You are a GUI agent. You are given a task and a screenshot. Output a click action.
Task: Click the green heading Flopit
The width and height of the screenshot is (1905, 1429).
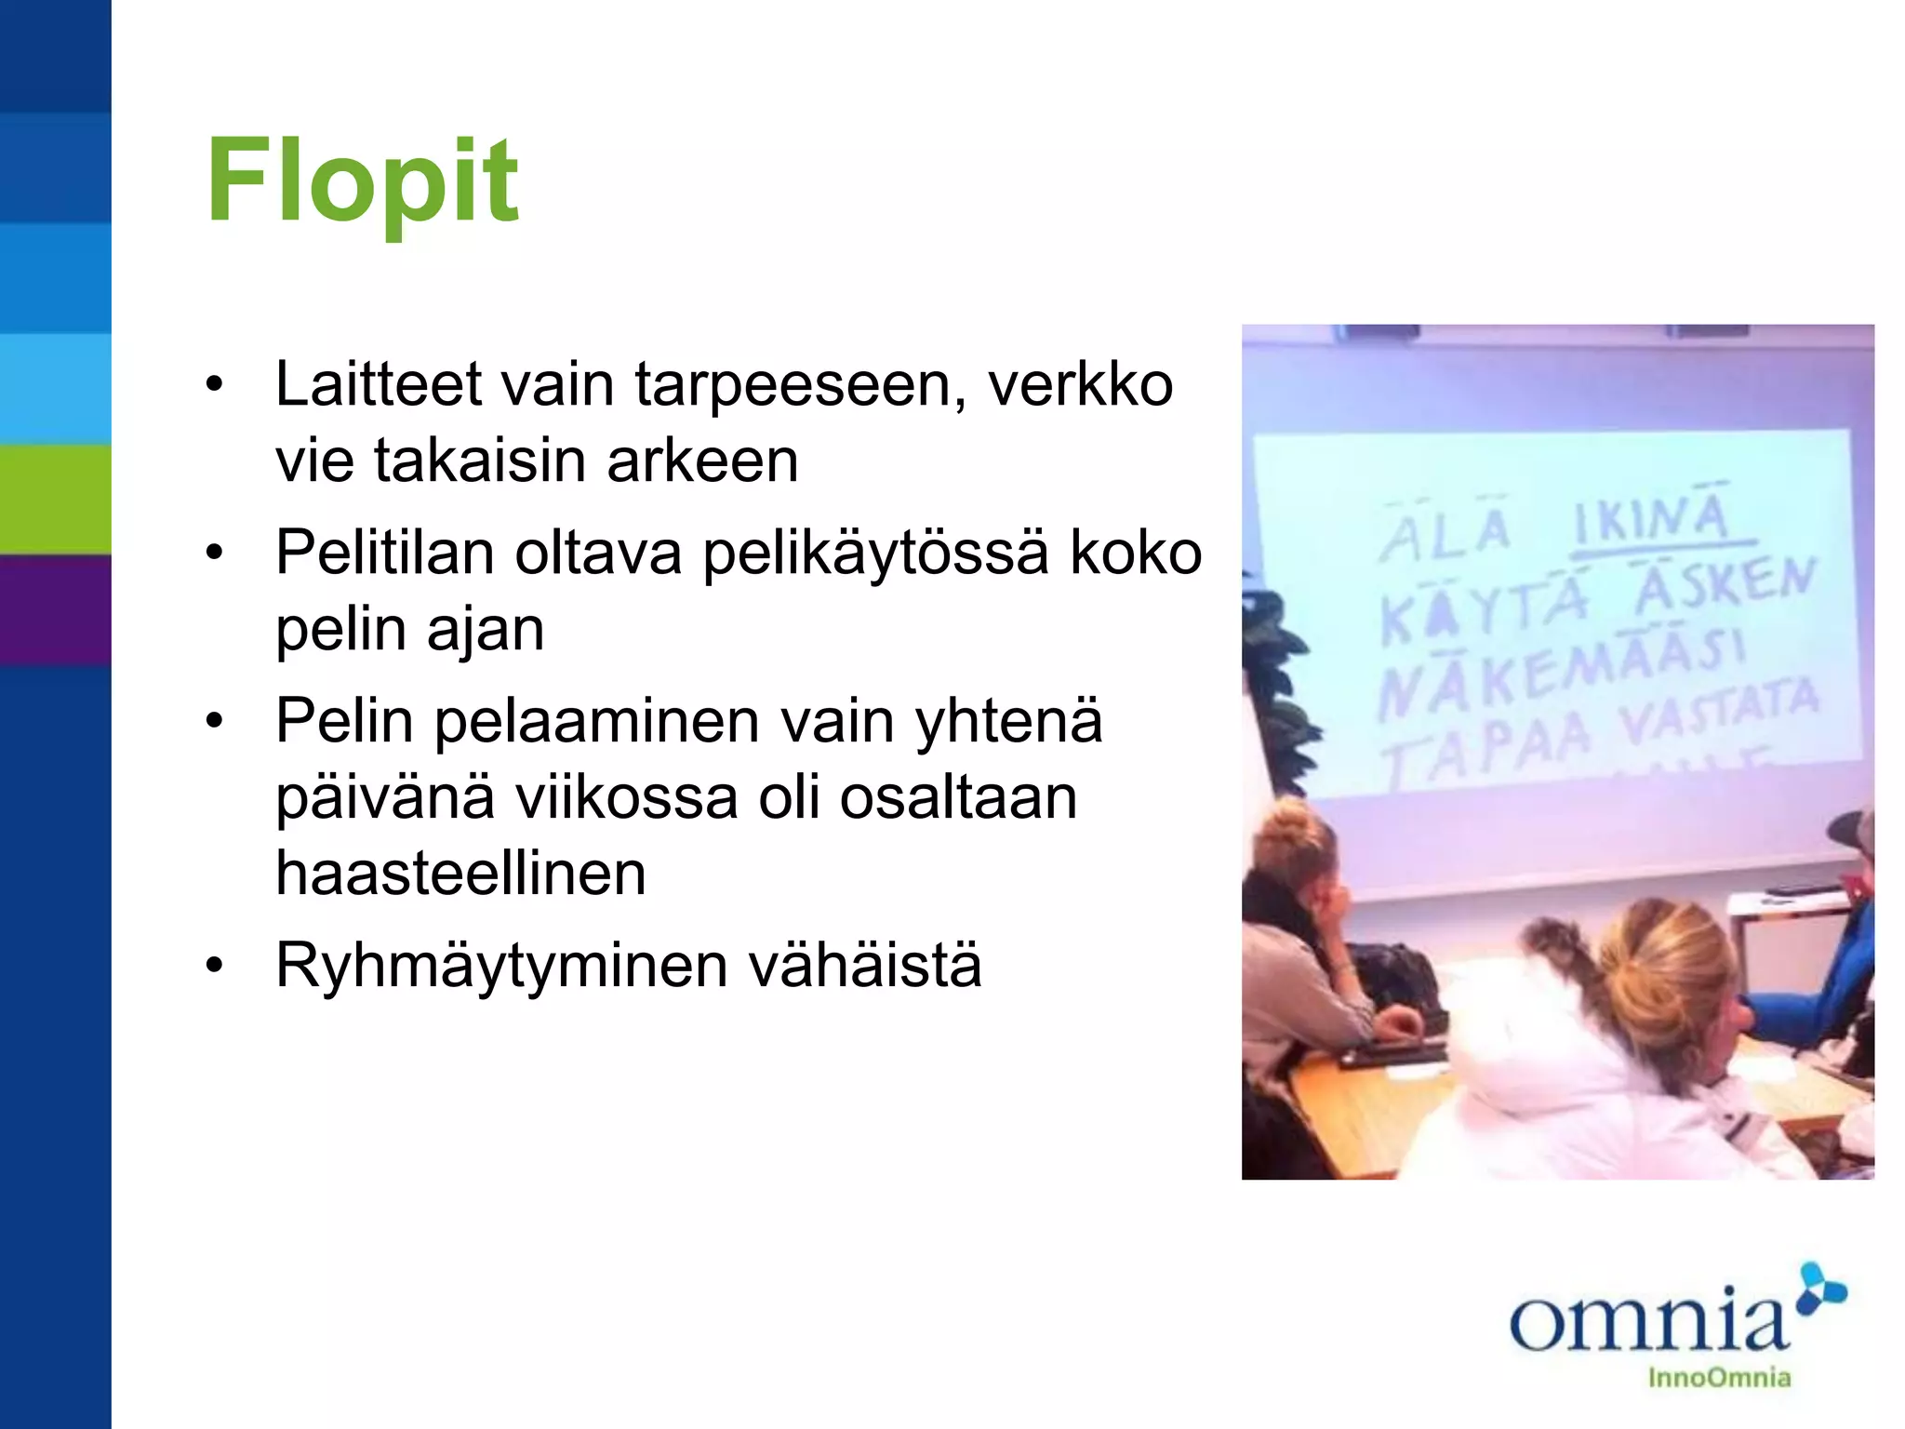[362, 180]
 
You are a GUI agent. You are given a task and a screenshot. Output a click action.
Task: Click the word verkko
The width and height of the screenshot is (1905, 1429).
[1080, 384]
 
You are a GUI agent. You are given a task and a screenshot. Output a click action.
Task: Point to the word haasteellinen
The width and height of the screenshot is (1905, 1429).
[460, 874]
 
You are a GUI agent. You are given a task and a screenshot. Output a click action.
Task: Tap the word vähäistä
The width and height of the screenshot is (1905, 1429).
[865, 965]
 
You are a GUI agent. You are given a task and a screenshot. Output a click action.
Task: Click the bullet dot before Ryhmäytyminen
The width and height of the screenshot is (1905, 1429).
[215, 967]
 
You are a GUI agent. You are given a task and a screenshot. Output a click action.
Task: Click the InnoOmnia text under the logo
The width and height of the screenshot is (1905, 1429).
[1719, 1377]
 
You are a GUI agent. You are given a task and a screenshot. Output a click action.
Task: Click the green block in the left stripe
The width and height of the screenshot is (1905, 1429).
[55, 500]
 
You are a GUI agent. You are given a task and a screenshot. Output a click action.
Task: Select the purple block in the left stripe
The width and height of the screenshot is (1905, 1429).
[55, 609]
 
